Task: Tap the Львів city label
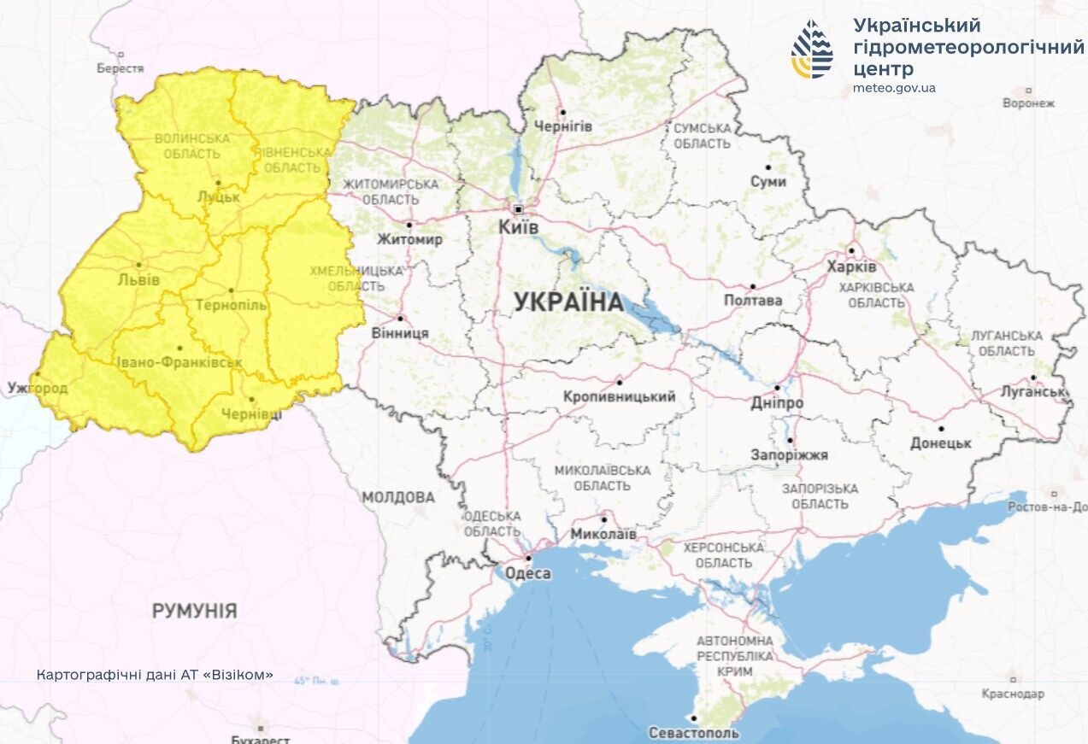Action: pyautogui.click(x=138, y=280)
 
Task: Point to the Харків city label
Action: pyautogui.click(x=851, y=267)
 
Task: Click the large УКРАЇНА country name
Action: pyautogui.click(x=568, y=302)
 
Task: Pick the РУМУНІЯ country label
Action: pyautogui.click(x=194, y=611)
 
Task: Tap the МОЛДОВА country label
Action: pyautogui.click(x=397, y=497)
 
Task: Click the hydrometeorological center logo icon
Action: pyautogui.click(x=812, y=50)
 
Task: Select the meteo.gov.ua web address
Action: pyautogui.click(x=894, y=88)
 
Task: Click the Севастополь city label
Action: pyautogui.click(x=693, y=733)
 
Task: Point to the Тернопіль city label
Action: pyautogui.click(x=231, y=305)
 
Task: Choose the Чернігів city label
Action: pyautogui.click(x=563, y=126)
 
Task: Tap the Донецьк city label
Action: pyautogui.click(x=940, y=443)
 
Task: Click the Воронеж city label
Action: pyautogui.click(x=1028, y=103)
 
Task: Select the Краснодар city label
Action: pyautogui.click(x=1013, y=694)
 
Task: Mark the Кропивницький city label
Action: pyautogui.click(x=619, y=396)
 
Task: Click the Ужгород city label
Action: pyautogui.click(x=38, y=389)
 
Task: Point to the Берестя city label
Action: pyautogui.click(x=120, y=67)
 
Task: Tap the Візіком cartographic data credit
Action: pyautogui.click(x=155, y=675)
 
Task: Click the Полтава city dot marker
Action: pyautogui.click(x=753, y=287)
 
